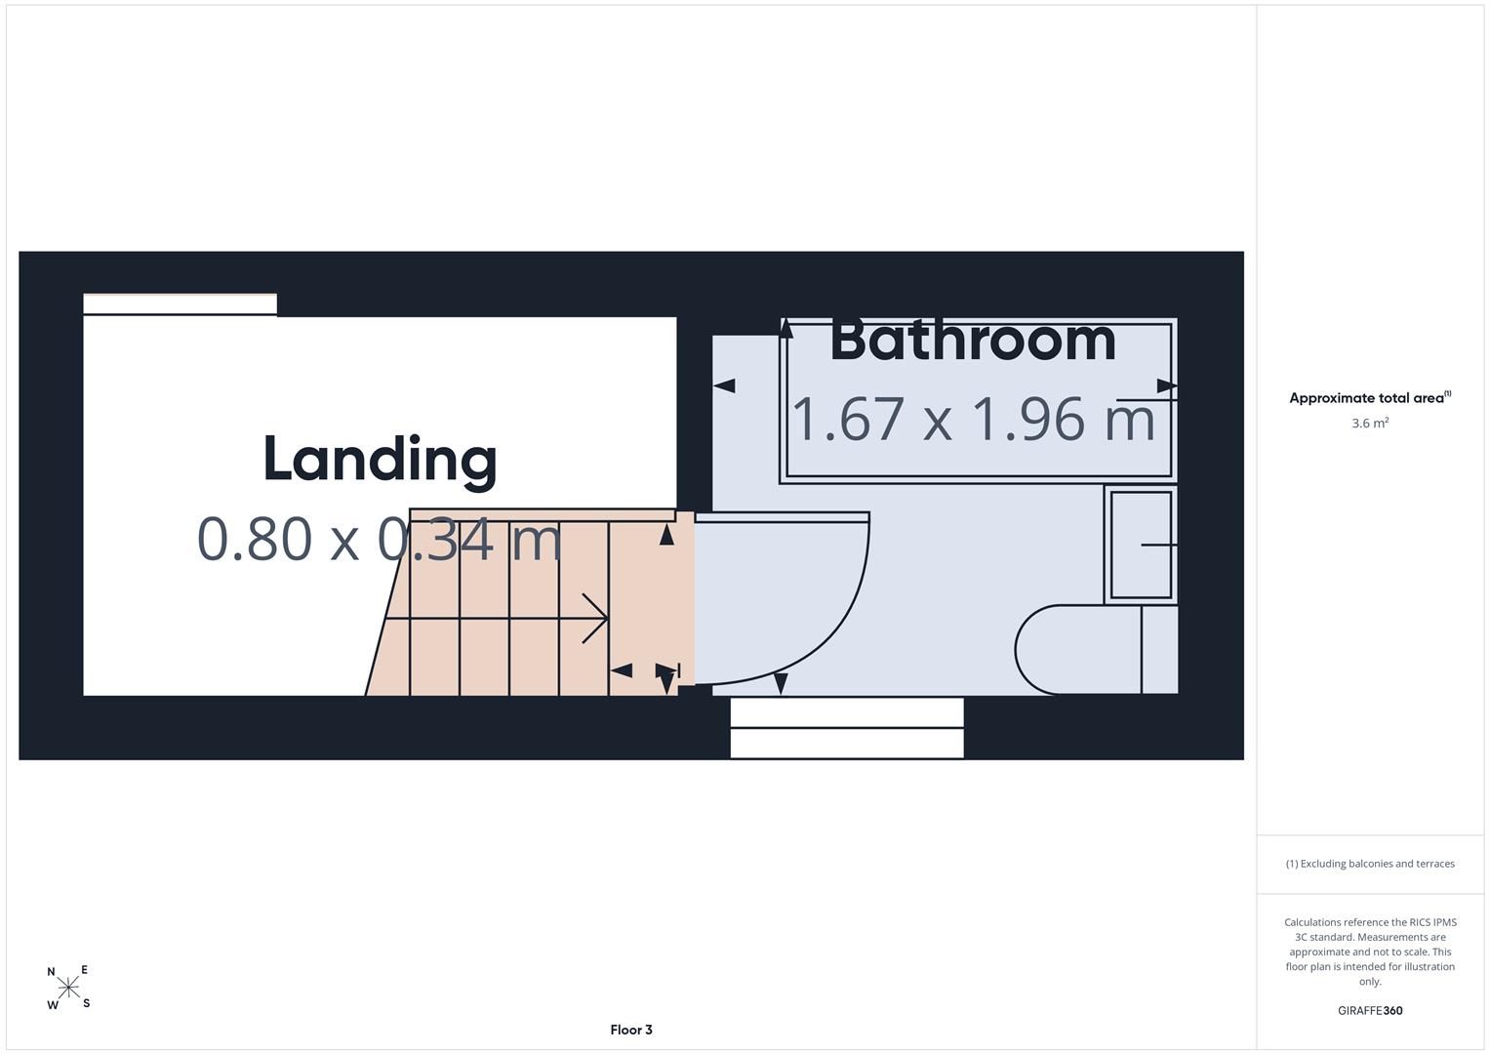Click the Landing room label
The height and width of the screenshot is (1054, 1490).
(380, 461)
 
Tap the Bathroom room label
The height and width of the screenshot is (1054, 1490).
(973, 342)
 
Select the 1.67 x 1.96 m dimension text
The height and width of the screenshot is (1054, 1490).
(973, 420)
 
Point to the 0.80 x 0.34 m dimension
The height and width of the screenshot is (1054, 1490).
(380, 539)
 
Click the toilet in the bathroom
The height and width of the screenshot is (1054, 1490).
(1096, 649)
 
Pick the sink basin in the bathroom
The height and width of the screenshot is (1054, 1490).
(1142, 545)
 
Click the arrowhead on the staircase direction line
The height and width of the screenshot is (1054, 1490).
(594, 618)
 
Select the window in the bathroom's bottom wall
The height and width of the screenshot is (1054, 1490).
(847, 727)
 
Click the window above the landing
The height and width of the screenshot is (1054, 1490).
(180, 304)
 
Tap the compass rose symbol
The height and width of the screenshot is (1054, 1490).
(68, 988)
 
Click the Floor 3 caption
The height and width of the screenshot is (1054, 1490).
(631, 1030)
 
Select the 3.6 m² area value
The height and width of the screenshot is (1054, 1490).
(1370, 423)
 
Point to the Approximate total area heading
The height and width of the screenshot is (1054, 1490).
(1370, 397)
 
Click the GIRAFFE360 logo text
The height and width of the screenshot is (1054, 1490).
(1370, 1010)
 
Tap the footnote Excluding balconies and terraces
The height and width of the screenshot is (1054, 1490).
(1370, 864)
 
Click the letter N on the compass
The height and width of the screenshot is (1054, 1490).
(51, 971)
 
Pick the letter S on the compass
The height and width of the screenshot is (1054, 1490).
(87, 1003)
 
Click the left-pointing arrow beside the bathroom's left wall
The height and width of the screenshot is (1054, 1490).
(724, 385)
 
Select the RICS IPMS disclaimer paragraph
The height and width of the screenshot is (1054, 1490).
(1370, 952)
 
